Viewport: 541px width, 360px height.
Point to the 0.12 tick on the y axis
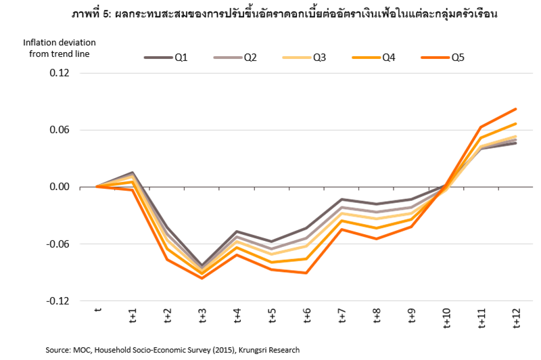(x=69, y=72)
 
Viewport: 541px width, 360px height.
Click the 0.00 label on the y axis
(x=69, y=187)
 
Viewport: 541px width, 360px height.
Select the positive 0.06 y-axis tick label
(x=69, y=130)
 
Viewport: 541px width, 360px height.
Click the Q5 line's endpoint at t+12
(x=516, y=109)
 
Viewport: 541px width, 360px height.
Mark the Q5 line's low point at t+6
(x=306, y=273)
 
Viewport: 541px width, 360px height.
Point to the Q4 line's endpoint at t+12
(x=516, y=123)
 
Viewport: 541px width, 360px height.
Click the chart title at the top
(x=270, y=14)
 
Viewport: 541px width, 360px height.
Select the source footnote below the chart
(x=172, y=350)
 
